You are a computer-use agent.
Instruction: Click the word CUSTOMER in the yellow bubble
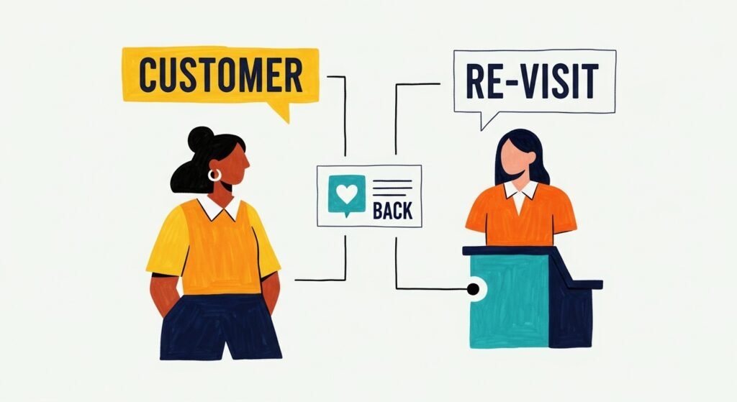pos(220,73)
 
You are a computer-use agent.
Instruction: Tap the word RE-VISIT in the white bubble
pos(533,81)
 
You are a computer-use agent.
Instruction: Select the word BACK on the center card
pos(393,211)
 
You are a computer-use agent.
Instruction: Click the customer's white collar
pos(220,209)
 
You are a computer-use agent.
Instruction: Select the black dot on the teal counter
pos(473,289)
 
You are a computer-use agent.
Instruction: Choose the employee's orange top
pos(520,216)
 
